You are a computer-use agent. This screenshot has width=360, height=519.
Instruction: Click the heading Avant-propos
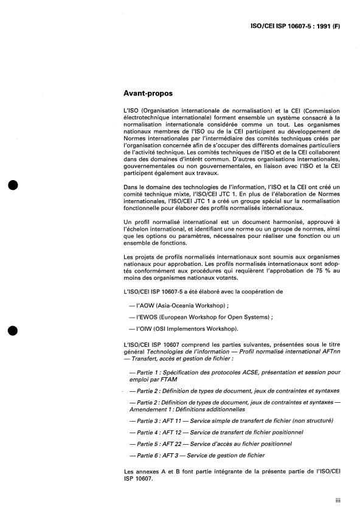coord(148,94)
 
